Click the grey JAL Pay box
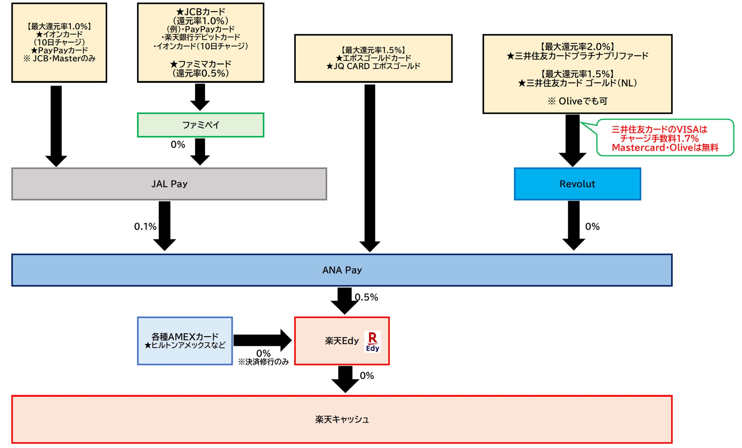click(169, 184)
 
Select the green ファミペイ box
click(201, 125)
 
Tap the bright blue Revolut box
click(577, 184)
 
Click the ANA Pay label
click(342, 270)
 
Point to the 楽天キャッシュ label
click(342, 419)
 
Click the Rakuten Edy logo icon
click(372, 342)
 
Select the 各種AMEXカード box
click(185, 341)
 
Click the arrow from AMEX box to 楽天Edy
click(262, 340)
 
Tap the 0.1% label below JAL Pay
click(145, 226)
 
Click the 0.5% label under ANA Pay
click(366, 297)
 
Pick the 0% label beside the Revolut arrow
click(592, 226)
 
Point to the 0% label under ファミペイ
click(178, 145)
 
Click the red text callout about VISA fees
click(665, 138)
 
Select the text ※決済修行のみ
click(263, 362)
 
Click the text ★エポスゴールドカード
click(373, 58)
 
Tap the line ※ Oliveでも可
click(577, 101)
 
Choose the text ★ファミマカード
click(201, 64)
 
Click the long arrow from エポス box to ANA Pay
click(370, 166)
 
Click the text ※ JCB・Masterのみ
click(59, 59)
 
